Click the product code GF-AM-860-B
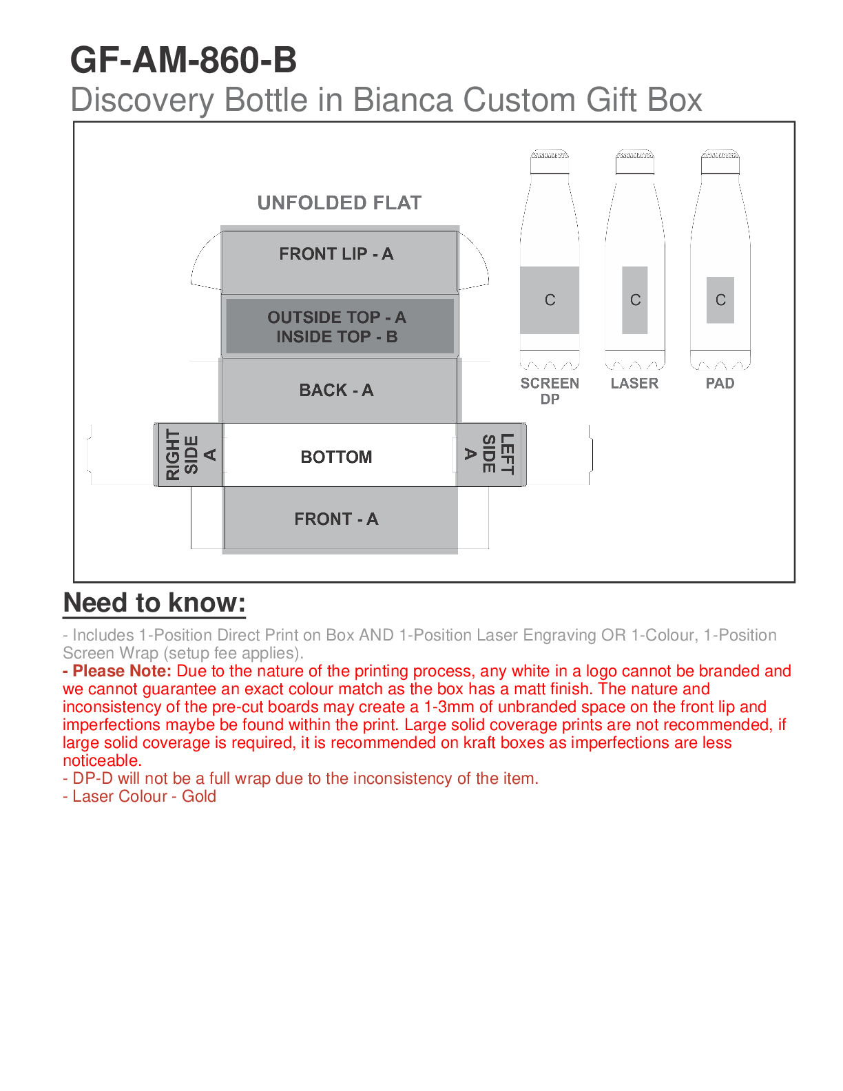[x=183, y=61]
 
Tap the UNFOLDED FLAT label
[x=339, y=202]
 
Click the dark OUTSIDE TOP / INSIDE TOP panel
[x=337, y=326]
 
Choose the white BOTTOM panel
[x=337, y=457]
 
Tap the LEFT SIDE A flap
[x=490, y=455]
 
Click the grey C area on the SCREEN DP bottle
[x=550, y=300]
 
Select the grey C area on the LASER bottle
[x=635, y=300]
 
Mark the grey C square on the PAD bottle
[x=720, y=300]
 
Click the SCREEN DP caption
[x=550, y=391]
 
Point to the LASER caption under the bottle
[x=634, y=384]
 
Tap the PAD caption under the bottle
[x=720, y=384]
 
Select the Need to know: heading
[x=154, y=603]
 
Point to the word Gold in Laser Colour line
[x=199, y=796]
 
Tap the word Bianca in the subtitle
[x=403, y=100]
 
